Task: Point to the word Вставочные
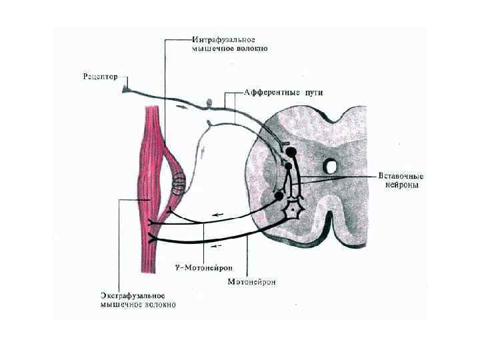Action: (x=398, y=175)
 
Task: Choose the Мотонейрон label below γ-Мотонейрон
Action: (x=251, y=282)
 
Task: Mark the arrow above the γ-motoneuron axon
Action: (x=217, y=214)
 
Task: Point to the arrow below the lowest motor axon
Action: (x=216, y=246)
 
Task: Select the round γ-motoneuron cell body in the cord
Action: (x=279, y=196)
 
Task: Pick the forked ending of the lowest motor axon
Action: (x=154, y=237)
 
